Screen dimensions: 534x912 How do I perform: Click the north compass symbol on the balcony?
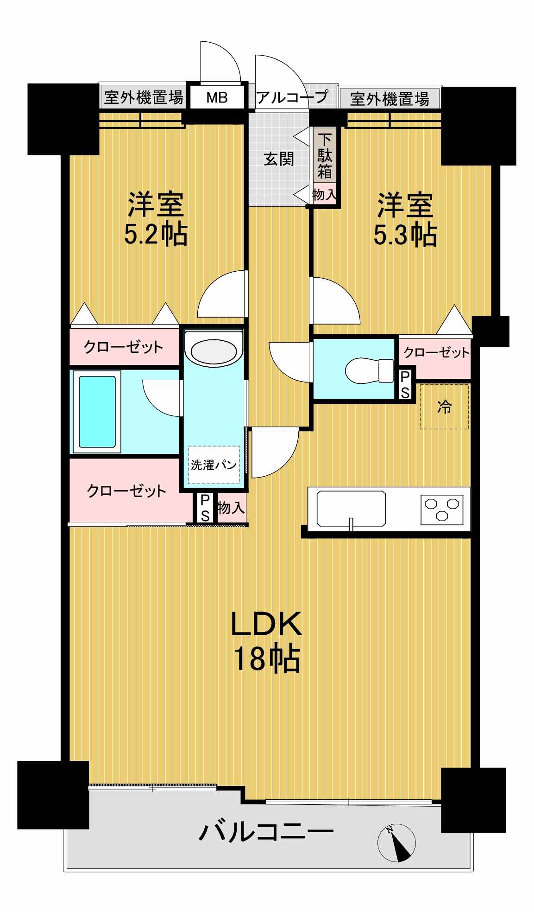[396, 842]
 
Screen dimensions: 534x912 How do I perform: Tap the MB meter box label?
[217, 98]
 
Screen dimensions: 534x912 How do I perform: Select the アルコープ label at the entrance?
[292, 97]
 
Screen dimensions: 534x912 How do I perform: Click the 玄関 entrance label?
[279, 159]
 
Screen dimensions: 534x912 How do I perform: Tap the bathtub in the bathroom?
[97, 411]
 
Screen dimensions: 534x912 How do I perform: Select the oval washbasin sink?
[214, 351]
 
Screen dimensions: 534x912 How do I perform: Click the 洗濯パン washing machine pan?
[214, 464]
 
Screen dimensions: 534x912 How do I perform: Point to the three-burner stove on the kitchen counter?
[442, 508]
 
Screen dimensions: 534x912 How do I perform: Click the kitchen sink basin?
[351, 509]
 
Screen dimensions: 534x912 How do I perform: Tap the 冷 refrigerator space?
[444, 407]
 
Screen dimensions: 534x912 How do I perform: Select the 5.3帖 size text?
[405, 235]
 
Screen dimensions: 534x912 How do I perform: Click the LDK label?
[266, 624]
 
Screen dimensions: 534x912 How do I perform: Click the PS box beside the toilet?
[405, 384]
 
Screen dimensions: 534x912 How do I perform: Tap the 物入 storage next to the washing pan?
[231, 508]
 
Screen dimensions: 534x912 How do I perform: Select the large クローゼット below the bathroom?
[126, 491]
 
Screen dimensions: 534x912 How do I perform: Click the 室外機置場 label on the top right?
[390, 99]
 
